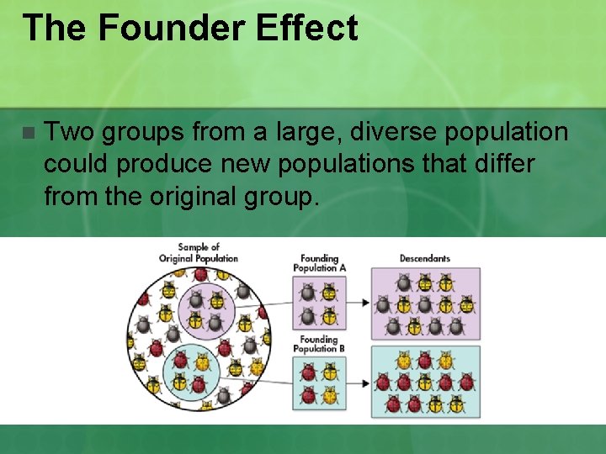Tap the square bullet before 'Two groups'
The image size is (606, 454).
pyautogui.click(x=29, y=134)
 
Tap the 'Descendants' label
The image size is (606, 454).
pyautogui.click(x=424, y=258)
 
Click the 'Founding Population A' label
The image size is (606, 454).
pyautogui.click(x=316, y=263)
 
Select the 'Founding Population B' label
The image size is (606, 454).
pyautogui.click(x=316, y=344)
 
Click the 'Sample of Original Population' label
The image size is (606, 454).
pyautogui.click(x=199, y=252)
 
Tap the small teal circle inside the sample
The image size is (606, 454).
pyautogui.click(x=190, y=373)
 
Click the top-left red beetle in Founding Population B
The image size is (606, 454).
pyautogui.click(x=307, y=372)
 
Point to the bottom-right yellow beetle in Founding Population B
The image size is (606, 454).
pyautogui.click(x=329, y=395)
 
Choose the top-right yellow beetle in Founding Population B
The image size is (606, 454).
pyautogui.click(x=329, y=372)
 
